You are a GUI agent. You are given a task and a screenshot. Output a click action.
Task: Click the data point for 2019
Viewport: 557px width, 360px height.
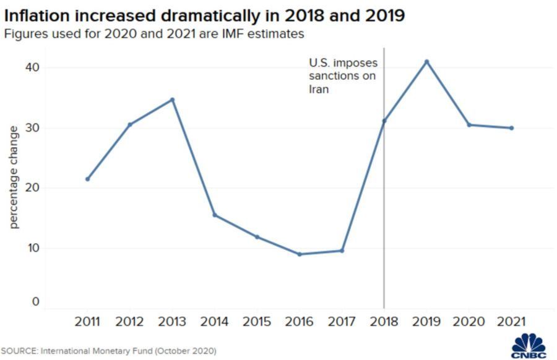coord(426,61)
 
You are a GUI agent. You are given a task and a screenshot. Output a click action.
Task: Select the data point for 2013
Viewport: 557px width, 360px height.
coord(172,99)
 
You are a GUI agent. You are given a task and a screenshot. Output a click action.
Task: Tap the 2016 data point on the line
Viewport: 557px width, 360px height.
coord(300,254)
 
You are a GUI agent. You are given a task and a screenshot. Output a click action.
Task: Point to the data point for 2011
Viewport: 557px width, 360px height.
coord(87,179)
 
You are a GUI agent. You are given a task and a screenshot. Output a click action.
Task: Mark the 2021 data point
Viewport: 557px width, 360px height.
coord(512,128)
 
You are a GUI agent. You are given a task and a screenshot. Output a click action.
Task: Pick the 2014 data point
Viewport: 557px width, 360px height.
coord(215,215)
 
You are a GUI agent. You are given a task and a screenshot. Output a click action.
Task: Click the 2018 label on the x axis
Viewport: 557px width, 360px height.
coord(384,322)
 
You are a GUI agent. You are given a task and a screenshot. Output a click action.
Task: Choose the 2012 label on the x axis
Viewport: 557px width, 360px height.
coord(129,322)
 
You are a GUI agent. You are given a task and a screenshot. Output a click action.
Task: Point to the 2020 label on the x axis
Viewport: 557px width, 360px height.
coord(468,322)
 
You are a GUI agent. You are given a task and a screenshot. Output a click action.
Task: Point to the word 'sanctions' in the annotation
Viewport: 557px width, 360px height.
coord(334,76)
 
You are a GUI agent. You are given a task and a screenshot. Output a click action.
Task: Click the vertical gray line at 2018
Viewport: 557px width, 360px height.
coord(384,216)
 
